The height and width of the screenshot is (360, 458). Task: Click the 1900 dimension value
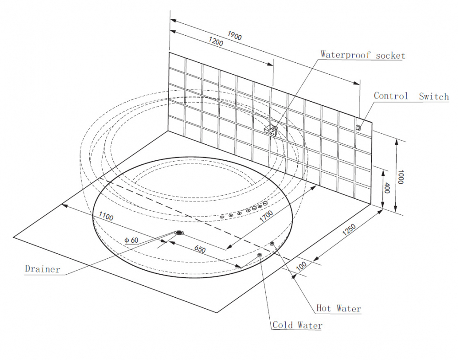pos(234,37)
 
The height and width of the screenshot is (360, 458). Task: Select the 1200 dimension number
pos(215,43)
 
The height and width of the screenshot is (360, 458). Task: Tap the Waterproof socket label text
pos(362,55)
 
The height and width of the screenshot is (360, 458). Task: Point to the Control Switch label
pos(411,96)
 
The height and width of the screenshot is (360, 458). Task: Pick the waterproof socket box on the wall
pos(273,130)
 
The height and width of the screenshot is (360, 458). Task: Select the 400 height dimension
pos(387,188)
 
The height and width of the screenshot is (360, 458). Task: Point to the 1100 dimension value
pos(105,217)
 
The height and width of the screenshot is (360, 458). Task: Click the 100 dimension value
pos(301,266)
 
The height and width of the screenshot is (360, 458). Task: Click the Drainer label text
pos(43,269)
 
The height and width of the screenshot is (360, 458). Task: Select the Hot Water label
pos(339,308)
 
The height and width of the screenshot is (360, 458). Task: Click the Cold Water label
pos(297,325)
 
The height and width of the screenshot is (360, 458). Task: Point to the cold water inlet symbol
pos(260,255)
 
